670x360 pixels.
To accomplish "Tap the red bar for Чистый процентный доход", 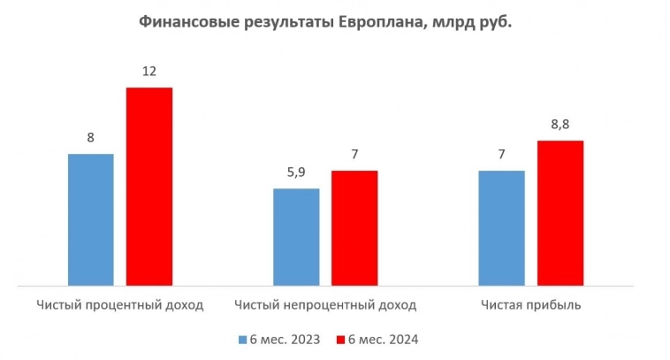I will click(x=148, y=187).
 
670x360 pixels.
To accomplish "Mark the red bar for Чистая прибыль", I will click(x=560, y=213).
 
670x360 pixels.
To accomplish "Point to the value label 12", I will click(x=148, y=71).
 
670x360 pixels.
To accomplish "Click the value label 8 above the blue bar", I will click(x=91, y=138).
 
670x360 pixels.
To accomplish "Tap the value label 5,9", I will click(x=296, y=172).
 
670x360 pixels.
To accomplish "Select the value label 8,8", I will click(x=560, y=124).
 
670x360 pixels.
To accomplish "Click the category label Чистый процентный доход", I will click(x=120, y=305).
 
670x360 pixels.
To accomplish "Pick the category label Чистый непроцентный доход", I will click(x=325, y=305).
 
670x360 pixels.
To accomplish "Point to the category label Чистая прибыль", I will click(x=532, y=305).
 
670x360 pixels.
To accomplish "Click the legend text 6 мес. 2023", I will click(x=285, y=340).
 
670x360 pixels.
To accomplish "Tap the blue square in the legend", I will click(x=242, y=340).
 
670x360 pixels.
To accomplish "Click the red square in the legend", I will click(x=340, y=340).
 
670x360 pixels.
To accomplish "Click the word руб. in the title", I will click(x=494, y=23).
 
